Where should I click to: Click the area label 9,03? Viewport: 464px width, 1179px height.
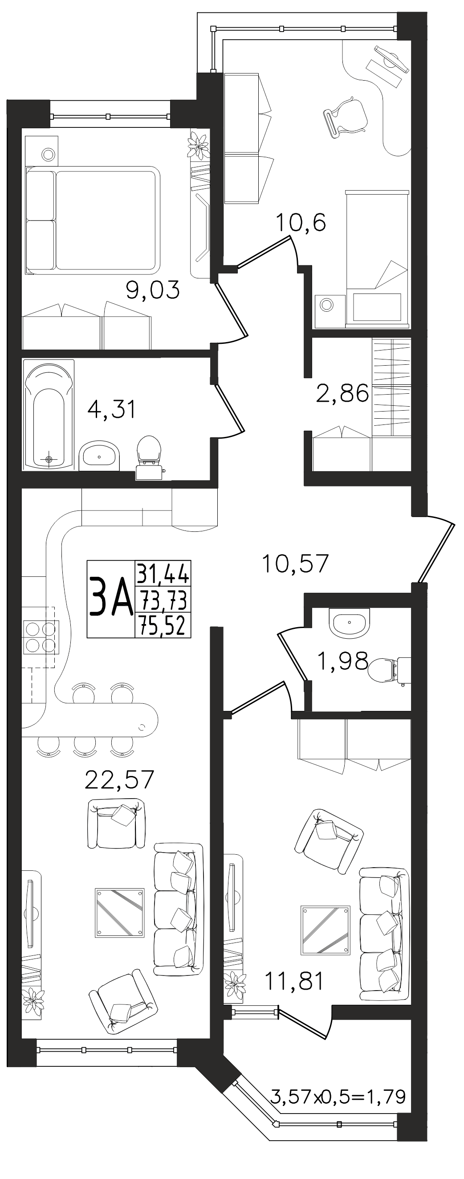[x=153, y=290]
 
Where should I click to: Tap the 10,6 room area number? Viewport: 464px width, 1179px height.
[x=300, y=223]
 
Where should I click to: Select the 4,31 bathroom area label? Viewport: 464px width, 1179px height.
[x=112, y=409]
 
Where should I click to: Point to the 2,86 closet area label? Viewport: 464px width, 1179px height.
[x=342, y=393]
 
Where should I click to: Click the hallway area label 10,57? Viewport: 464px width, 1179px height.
[x=296, y=563]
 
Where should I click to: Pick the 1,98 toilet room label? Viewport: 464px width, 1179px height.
[x=342, y=661]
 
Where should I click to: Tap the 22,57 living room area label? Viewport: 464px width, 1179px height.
[x=119, y=779]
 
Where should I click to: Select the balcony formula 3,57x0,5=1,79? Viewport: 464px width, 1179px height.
[x=338, y=1084]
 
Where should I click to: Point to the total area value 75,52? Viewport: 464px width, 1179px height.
[x=163, y=626]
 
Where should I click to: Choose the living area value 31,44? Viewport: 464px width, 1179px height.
[x=163, y=573]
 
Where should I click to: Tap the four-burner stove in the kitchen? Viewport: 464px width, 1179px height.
[x=40, y=636]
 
